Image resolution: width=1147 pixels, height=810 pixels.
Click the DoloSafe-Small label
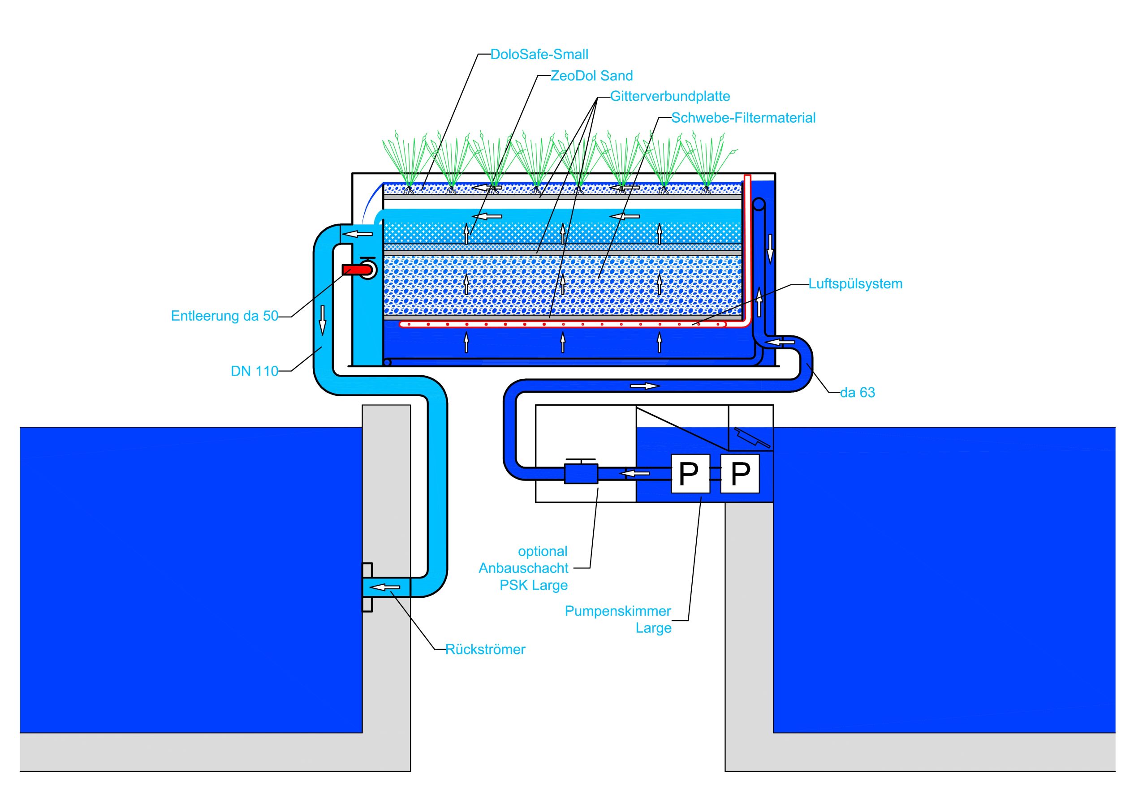(539, 55)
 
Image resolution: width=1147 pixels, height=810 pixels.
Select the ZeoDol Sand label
(591, 76)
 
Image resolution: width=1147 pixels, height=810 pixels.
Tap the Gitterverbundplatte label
(670, 96)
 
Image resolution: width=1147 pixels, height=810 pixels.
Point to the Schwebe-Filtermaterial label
(743, 118)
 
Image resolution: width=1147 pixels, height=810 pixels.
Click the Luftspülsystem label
(855, 284)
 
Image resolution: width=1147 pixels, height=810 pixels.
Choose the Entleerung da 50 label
(224, 316)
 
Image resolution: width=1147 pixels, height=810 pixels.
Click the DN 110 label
(254, 372)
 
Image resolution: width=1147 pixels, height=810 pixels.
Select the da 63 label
(857, 393)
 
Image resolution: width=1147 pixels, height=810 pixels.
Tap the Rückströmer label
(485, 650)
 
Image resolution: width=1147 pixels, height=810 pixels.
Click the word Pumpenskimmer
(617, 611)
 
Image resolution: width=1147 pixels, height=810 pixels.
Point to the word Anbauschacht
(523, 568)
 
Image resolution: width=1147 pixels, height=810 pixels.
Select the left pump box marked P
(690, 473)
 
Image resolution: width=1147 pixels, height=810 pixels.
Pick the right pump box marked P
(740, 473)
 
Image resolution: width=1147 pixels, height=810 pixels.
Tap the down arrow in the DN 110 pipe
(323, 320)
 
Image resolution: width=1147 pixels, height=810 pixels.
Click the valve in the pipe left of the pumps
(581, 472)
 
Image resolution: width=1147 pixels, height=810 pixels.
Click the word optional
(543, 552)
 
